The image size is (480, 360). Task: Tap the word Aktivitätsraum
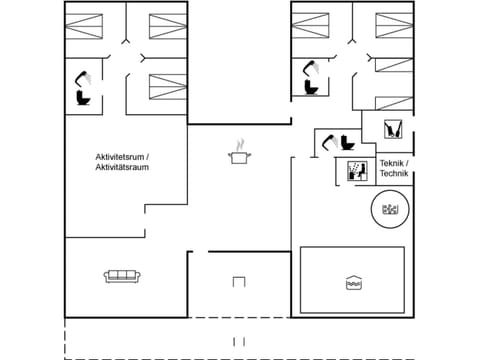click(x=120, y=168)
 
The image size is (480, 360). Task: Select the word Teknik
click(x=393, y=163)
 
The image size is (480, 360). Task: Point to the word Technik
click(x=394, y=174)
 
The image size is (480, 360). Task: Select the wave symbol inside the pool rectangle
click(x=352, y=281)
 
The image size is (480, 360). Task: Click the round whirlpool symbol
click(x=387, y=210)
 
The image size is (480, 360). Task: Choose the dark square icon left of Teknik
click(x=356, y=170)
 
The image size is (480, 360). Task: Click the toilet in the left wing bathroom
click(x=82, y=97)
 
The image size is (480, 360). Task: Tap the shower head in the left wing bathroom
click(x=85, y=75)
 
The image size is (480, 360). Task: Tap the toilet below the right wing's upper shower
click(x=310, y=87)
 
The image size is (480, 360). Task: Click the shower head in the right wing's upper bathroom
click(x=313, y=66)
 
